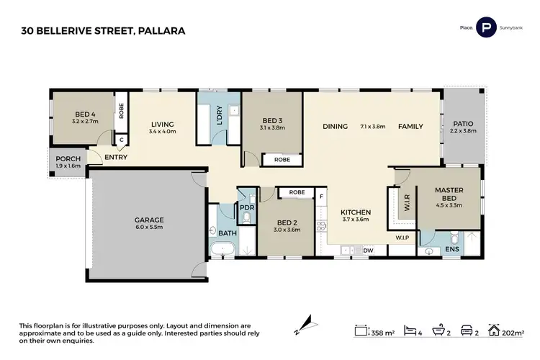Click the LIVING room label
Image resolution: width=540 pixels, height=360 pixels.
point(162,123)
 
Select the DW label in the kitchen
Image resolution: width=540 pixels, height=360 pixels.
point(368,250)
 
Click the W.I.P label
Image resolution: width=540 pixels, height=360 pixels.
point(402,236)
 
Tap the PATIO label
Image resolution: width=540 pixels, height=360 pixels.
point(463,123)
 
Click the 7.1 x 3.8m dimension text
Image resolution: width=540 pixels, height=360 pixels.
point(373,126)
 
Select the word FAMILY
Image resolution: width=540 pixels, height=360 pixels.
point(410,126)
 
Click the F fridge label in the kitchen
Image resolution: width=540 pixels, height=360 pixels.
point(322,194)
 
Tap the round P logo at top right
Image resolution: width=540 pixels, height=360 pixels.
point(487,28)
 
